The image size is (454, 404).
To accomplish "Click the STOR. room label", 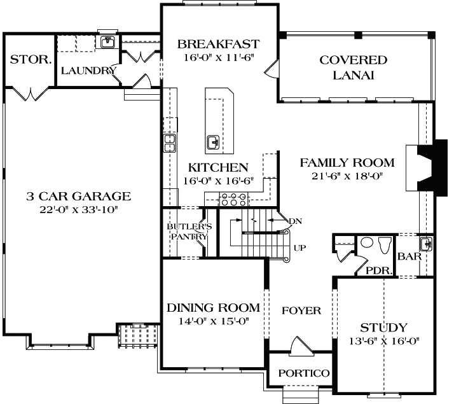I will [x=31, y=60].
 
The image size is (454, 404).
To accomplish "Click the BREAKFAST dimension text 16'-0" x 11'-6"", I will [x=218, y=57].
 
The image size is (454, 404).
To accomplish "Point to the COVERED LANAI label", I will [x=354, y=67].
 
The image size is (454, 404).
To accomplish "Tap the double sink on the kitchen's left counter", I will [x=170, y=143].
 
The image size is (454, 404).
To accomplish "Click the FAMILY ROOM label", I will [x=347, y=163].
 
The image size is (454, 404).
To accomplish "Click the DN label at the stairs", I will [x=294, y=221].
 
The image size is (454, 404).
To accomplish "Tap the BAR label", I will [x=407, y=258].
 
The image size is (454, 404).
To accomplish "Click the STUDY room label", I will [x=383, y=328].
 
